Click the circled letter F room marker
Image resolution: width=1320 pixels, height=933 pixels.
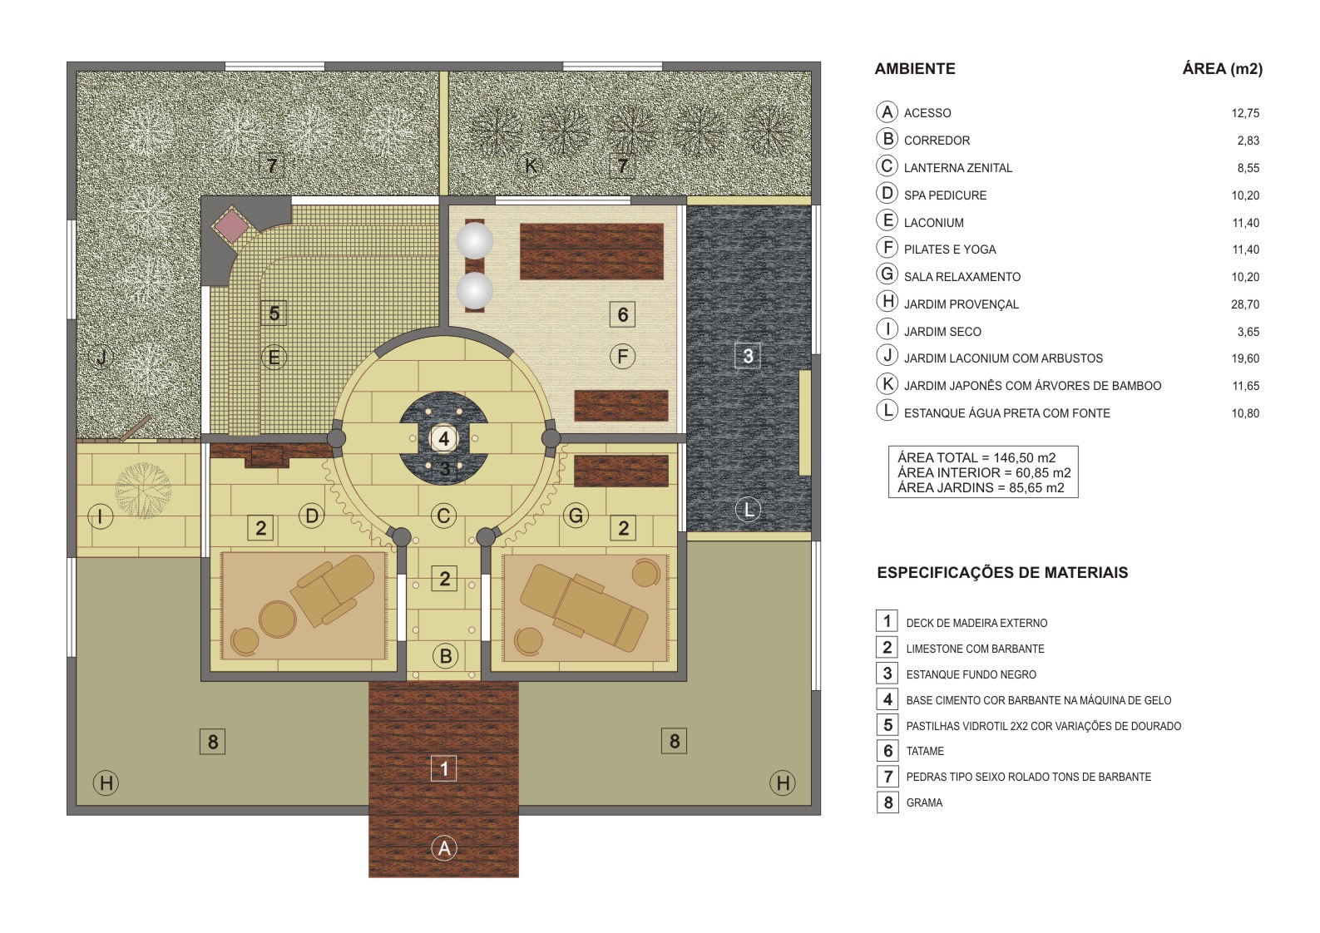(622, 357)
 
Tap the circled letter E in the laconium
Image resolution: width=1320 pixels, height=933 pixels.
(274, 358)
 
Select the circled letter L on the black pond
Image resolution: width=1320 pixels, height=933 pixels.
(748, 510)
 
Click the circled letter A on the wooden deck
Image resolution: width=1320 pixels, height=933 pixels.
(444, 848)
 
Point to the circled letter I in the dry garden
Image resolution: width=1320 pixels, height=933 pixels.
(100, 517)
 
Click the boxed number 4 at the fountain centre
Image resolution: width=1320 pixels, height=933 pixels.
(443, 438)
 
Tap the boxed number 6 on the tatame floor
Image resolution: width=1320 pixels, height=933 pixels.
(622, 314)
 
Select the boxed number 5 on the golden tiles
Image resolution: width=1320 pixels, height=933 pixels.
(274, 313)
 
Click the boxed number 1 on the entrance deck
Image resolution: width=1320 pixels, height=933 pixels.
(443, 768)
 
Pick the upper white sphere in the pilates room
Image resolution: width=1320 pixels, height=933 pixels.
(475, 241)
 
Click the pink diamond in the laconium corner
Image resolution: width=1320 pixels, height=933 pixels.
(230, 225)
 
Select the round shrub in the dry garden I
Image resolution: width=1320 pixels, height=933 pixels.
(143, 491)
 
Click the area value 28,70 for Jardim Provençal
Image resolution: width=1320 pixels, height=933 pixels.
(1244, 304)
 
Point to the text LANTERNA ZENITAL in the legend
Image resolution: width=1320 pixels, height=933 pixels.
(957, 168)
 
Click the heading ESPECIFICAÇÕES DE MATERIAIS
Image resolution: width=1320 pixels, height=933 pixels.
(1001, 572)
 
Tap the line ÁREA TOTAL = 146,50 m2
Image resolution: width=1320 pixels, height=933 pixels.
(976, 457)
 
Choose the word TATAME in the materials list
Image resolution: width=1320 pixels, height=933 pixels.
(925, 751)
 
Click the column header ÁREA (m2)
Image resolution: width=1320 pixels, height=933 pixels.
(1221, 69)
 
